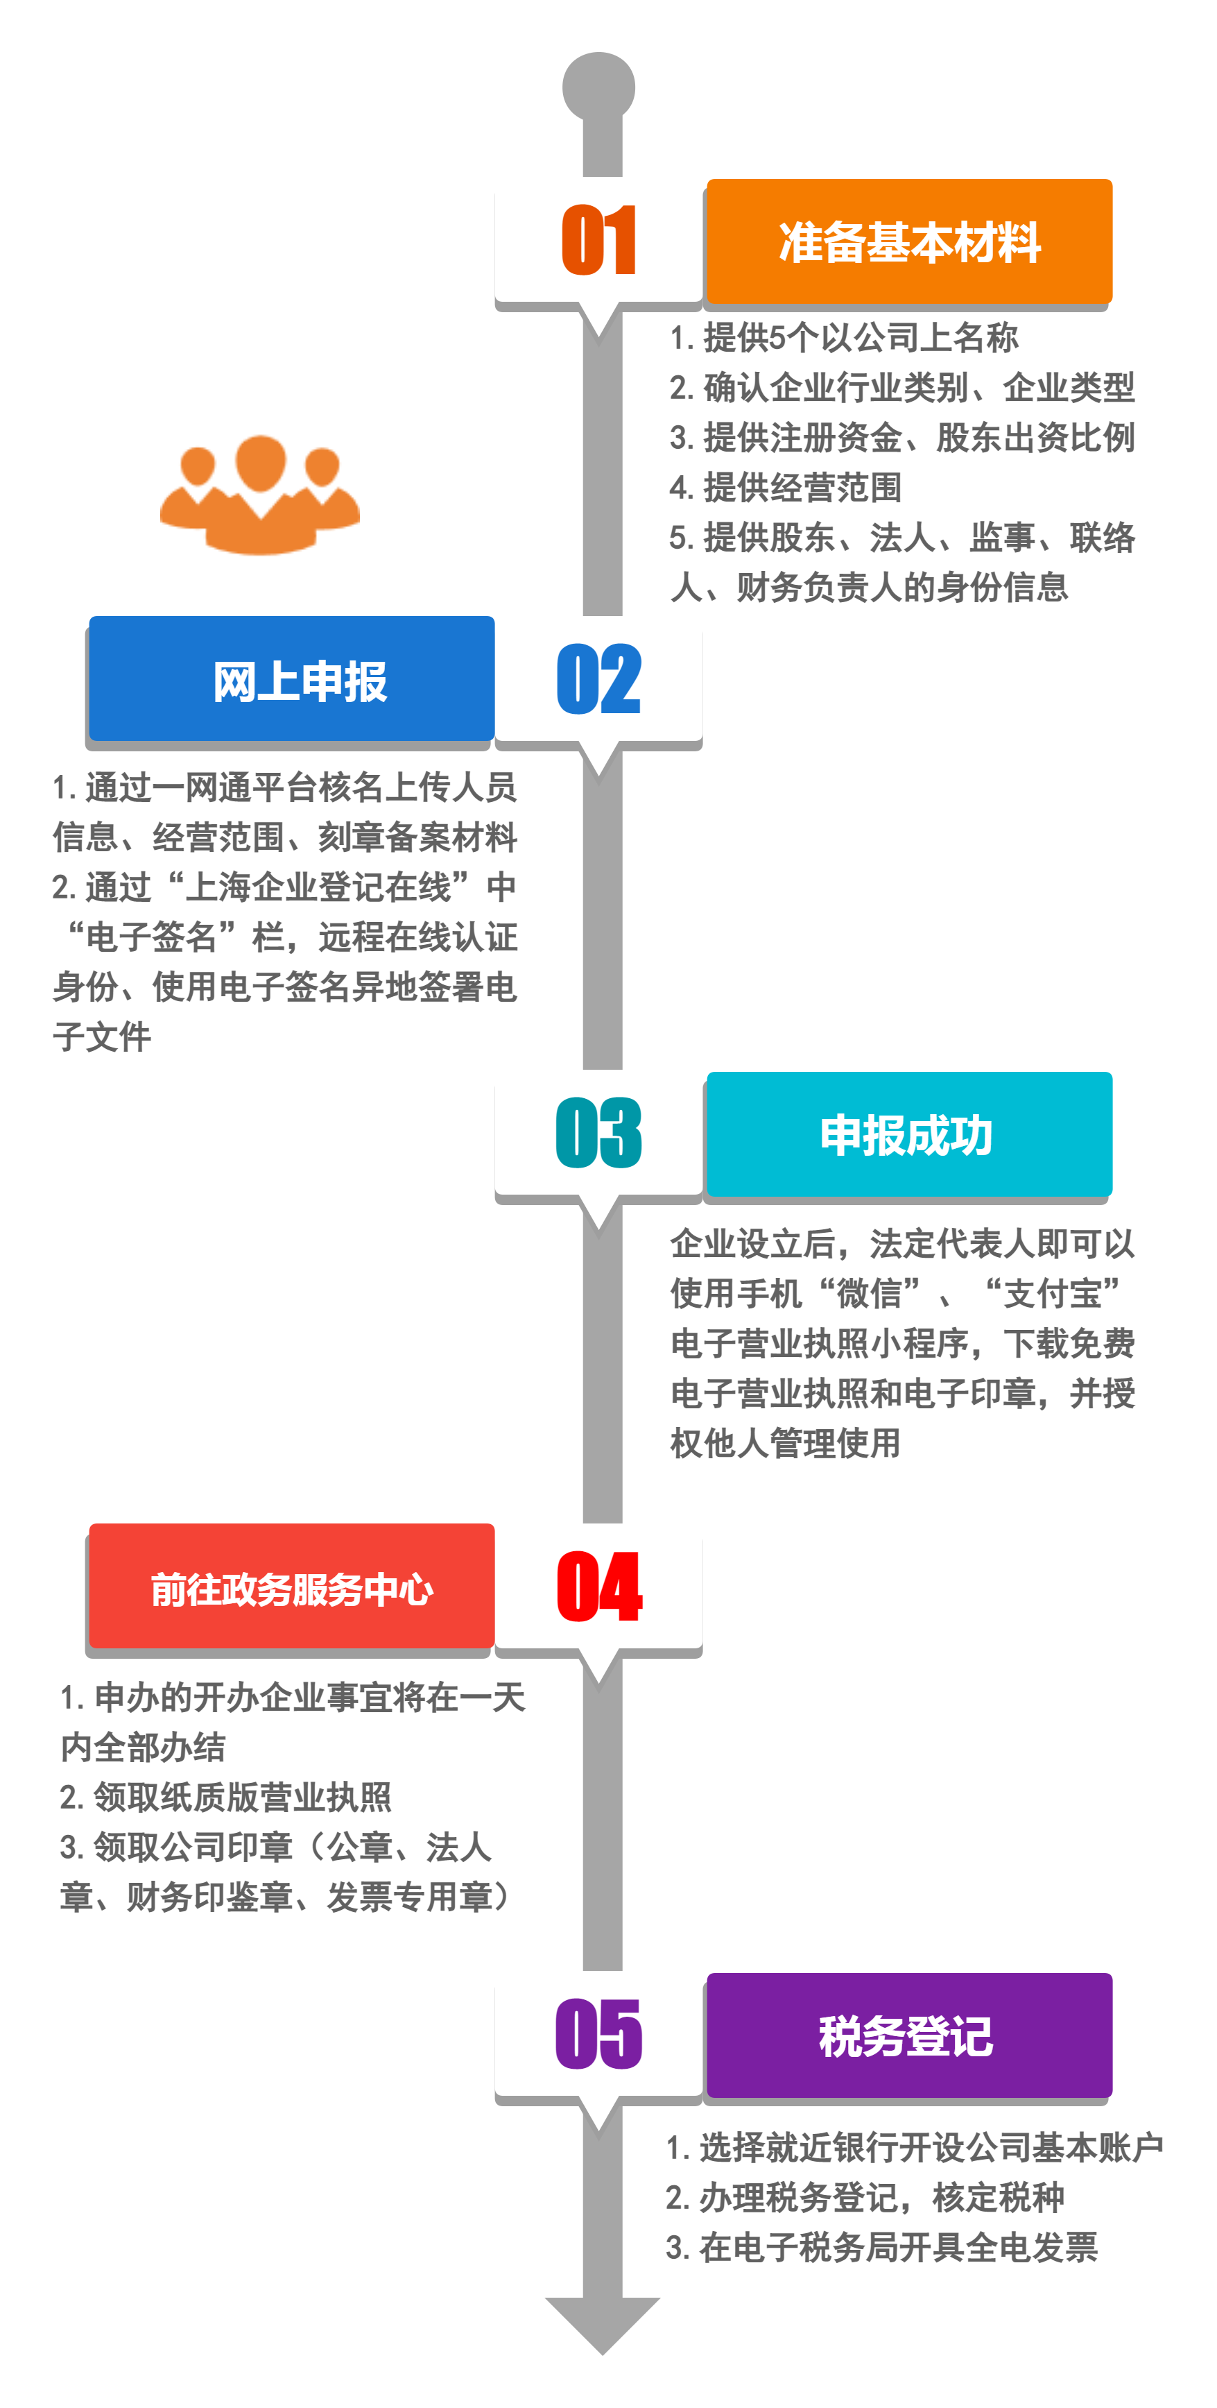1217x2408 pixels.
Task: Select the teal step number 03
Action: tap(598, 1133)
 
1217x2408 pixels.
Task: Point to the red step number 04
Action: tap(599, 1587)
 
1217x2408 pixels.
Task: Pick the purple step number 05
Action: tap(598, 2034)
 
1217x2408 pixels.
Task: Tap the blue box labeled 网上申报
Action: tap(292, 678)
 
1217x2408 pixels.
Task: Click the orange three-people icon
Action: tap(260, 495)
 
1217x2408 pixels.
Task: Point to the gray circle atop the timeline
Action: tap(598, 87)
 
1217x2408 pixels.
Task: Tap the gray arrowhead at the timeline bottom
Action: tap(603, 2325)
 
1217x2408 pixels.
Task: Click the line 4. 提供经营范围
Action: tap(785, 487)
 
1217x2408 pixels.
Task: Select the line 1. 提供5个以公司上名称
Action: tap(844, 337)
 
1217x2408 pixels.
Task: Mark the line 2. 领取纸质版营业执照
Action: tap(225, 1797)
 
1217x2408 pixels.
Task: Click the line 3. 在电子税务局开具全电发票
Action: tap(881, 2247)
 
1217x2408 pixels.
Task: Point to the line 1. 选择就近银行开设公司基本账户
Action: tap(914, 2147)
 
